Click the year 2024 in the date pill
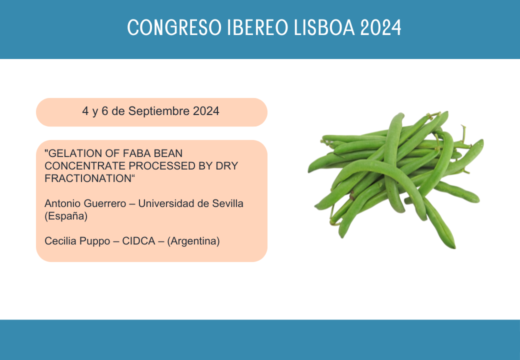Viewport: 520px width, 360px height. point(206,111)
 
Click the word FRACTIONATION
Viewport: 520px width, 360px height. point(88,178)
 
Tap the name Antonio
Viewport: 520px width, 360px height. point(62,203)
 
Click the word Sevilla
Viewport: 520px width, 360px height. point(228,203)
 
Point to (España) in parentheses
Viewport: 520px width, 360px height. point(66,216)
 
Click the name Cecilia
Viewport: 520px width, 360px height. point(60,241)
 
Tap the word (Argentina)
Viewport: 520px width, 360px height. point(193,241)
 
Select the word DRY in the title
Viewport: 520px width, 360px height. point(227,165)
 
